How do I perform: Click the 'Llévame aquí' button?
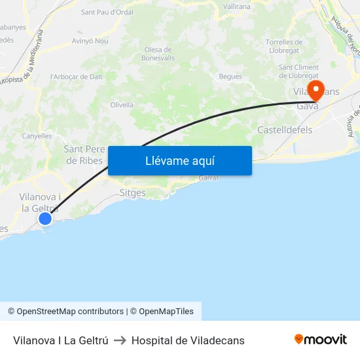pyautogui.click(x=179, y=160)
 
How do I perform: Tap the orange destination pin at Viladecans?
pyautogui.click(x=315, y=90)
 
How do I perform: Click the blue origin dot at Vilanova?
pyautogui.click(x=45, y=219)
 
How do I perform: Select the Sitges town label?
pyautogui.click(x=133, y=193)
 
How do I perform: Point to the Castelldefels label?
pyautogui.click(x=285, y=130)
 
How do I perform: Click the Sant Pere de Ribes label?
pyautogui.click(x=83, y=154)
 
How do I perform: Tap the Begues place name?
pyautogui.click(x=230, y=77)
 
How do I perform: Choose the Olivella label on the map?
pyautogui.click(x=122, y=105)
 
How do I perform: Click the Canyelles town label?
pyautogui.click(x=37, y=136)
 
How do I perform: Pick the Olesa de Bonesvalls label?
pyautogui.click(x=158, y=54)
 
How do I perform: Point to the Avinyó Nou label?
pyautogui.click(x=90, y=41)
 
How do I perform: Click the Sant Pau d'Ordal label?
pyautogui.click(x=107, y=12)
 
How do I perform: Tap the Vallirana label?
pyautogui.click(x=236, y=6)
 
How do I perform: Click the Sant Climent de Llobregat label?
pyautogui.click(x=298, y=71)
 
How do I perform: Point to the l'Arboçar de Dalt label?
pyautogui.click(x=77, y=77)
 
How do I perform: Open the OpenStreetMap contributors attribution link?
pyautogui.click(x=70, y=312)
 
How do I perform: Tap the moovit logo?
pyautogui.click(x=321, y=340)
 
